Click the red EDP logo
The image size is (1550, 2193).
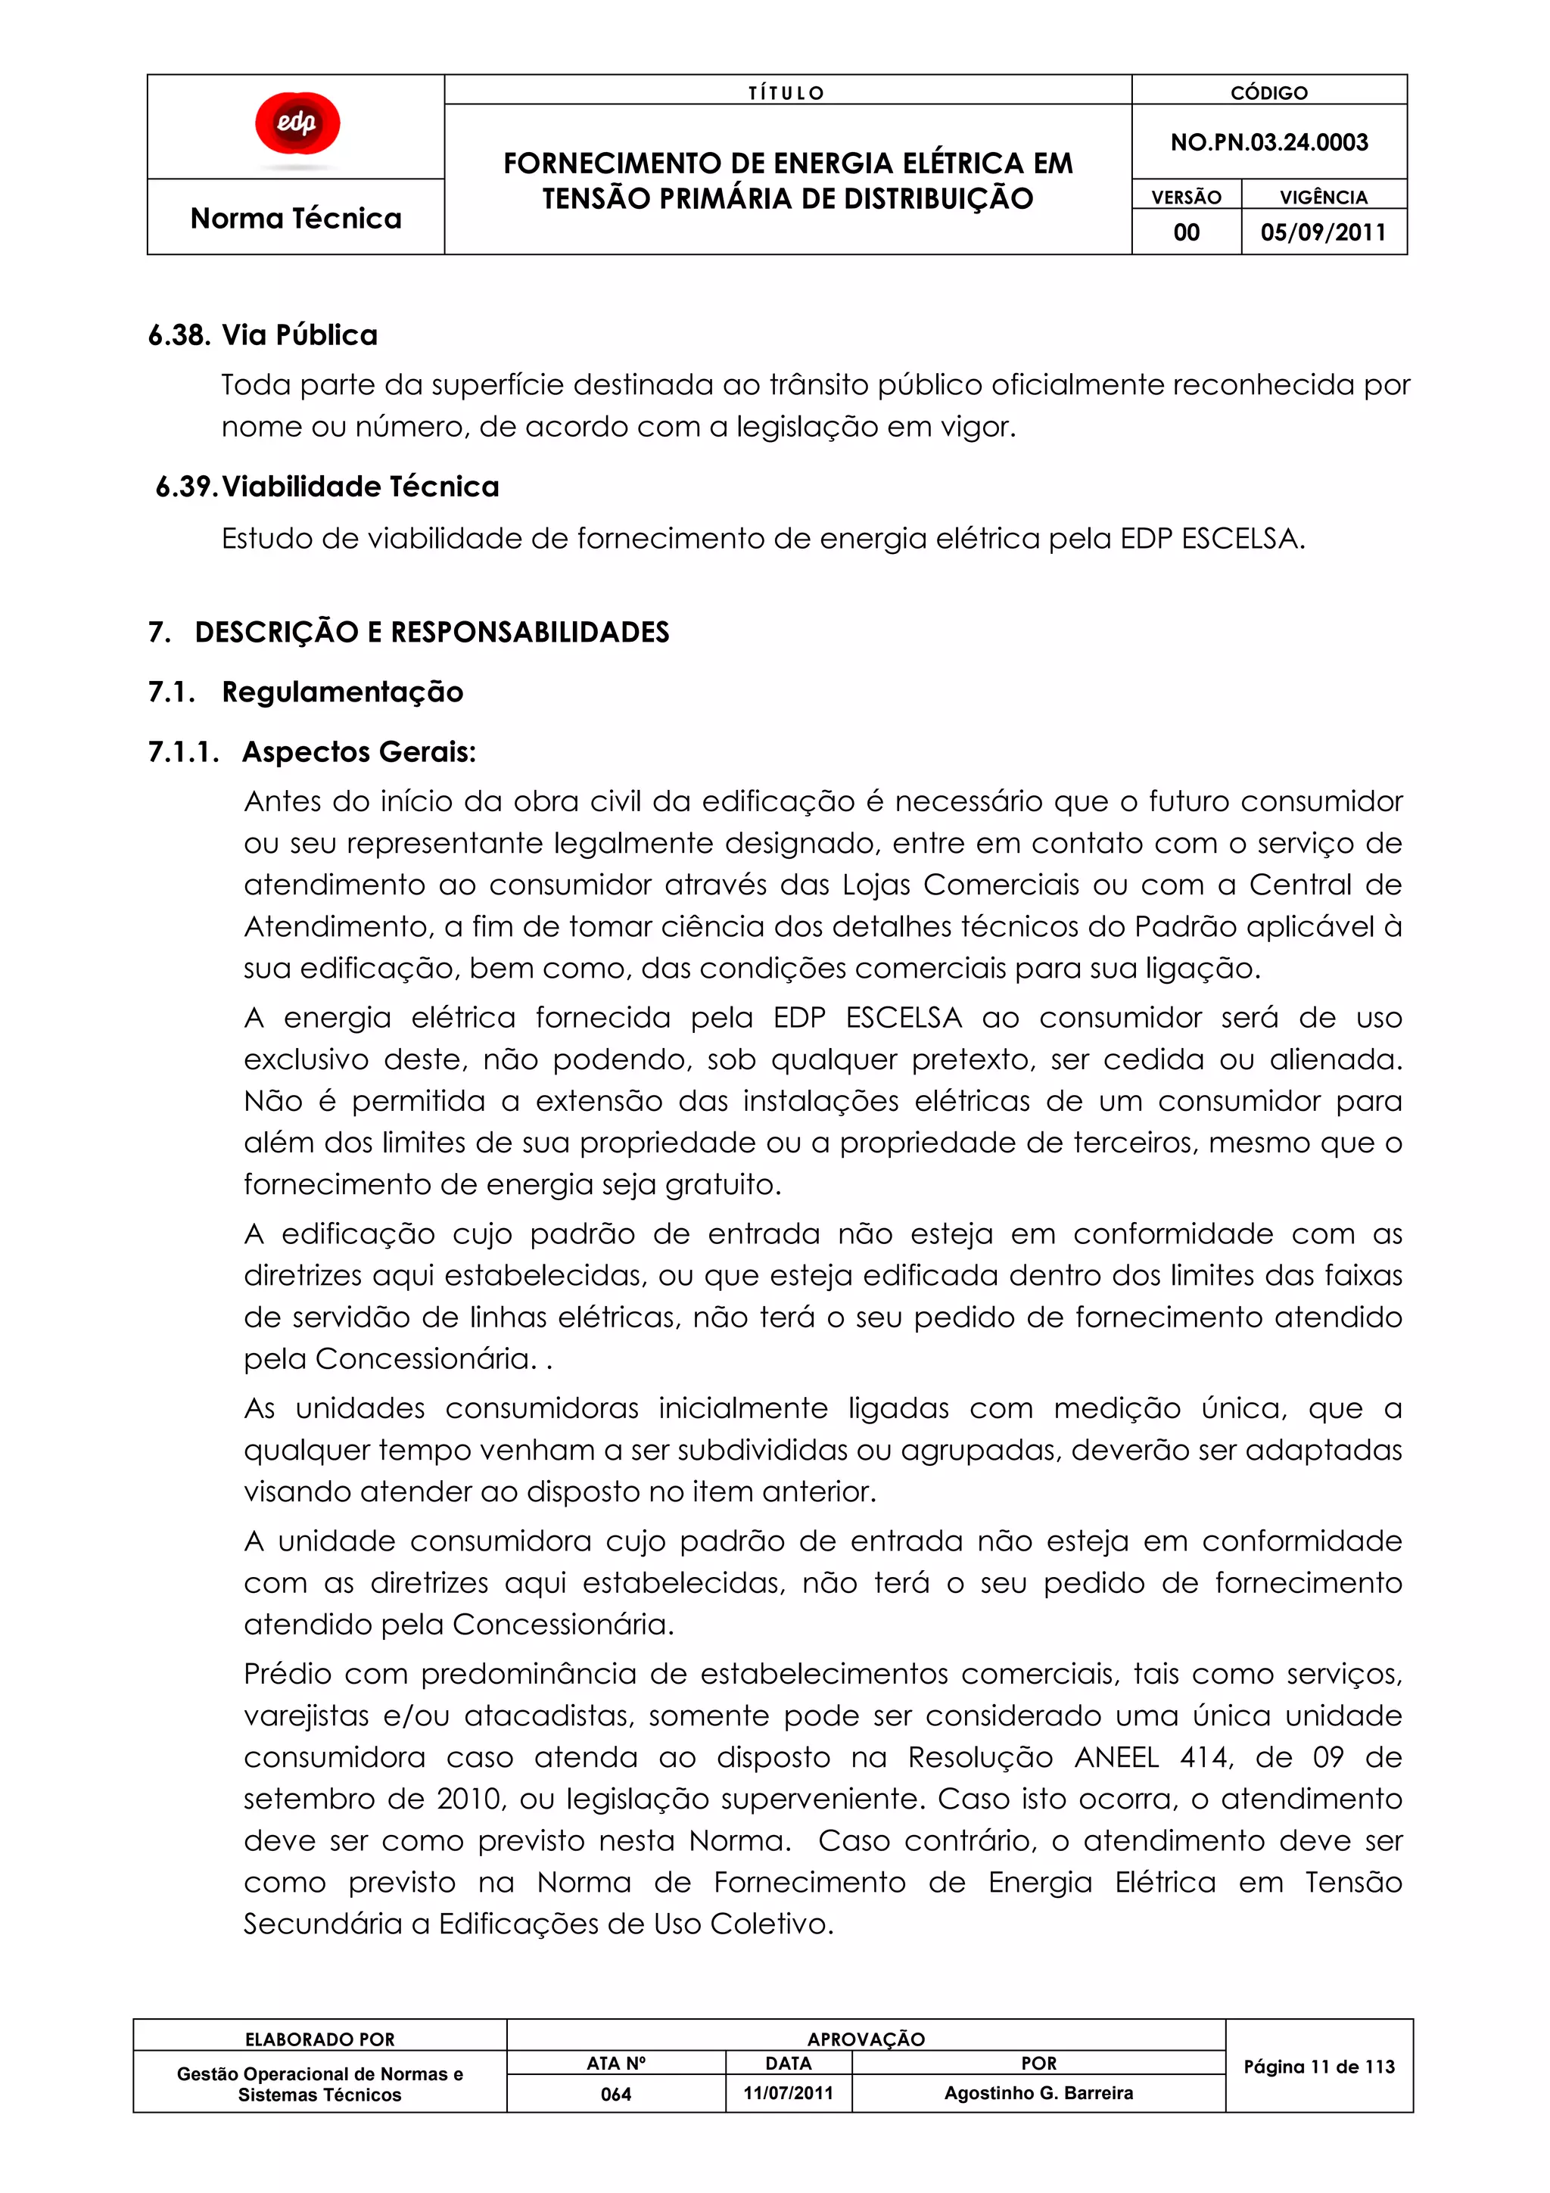pos(297,124)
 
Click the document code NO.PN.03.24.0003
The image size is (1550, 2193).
pos(1268,142)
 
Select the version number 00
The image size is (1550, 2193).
pos(1186,232)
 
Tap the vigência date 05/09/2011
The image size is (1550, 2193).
pos(1323,232)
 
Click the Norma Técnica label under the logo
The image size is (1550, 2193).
pos(296,218)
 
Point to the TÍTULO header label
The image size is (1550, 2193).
pos(786,92)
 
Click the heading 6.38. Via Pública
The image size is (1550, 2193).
pos(263,335)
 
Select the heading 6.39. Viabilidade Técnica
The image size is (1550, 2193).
pos(328,487)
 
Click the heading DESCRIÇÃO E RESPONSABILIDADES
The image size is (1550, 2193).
pos(431,633)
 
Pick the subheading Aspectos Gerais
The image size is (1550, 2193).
pos(358,751)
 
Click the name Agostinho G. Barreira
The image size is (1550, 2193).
pos(1038,2092)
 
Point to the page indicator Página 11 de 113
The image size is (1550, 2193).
pos(1319,2067)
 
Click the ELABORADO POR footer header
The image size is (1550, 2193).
pos(320,2039)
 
